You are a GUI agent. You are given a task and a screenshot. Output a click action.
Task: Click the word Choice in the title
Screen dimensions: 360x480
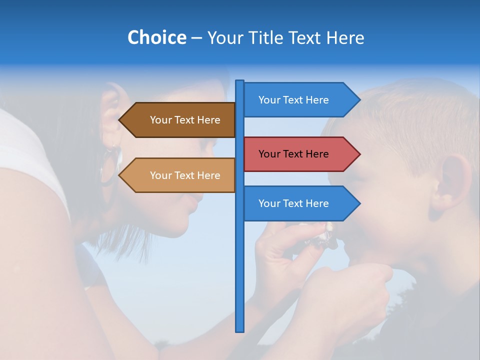coord(156,37)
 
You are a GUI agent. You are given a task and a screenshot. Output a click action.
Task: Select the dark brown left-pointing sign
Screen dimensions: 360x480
coord(185,120)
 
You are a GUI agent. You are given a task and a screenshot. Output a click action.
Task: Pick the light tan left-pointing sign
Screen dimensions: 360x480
coord(185,175)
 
